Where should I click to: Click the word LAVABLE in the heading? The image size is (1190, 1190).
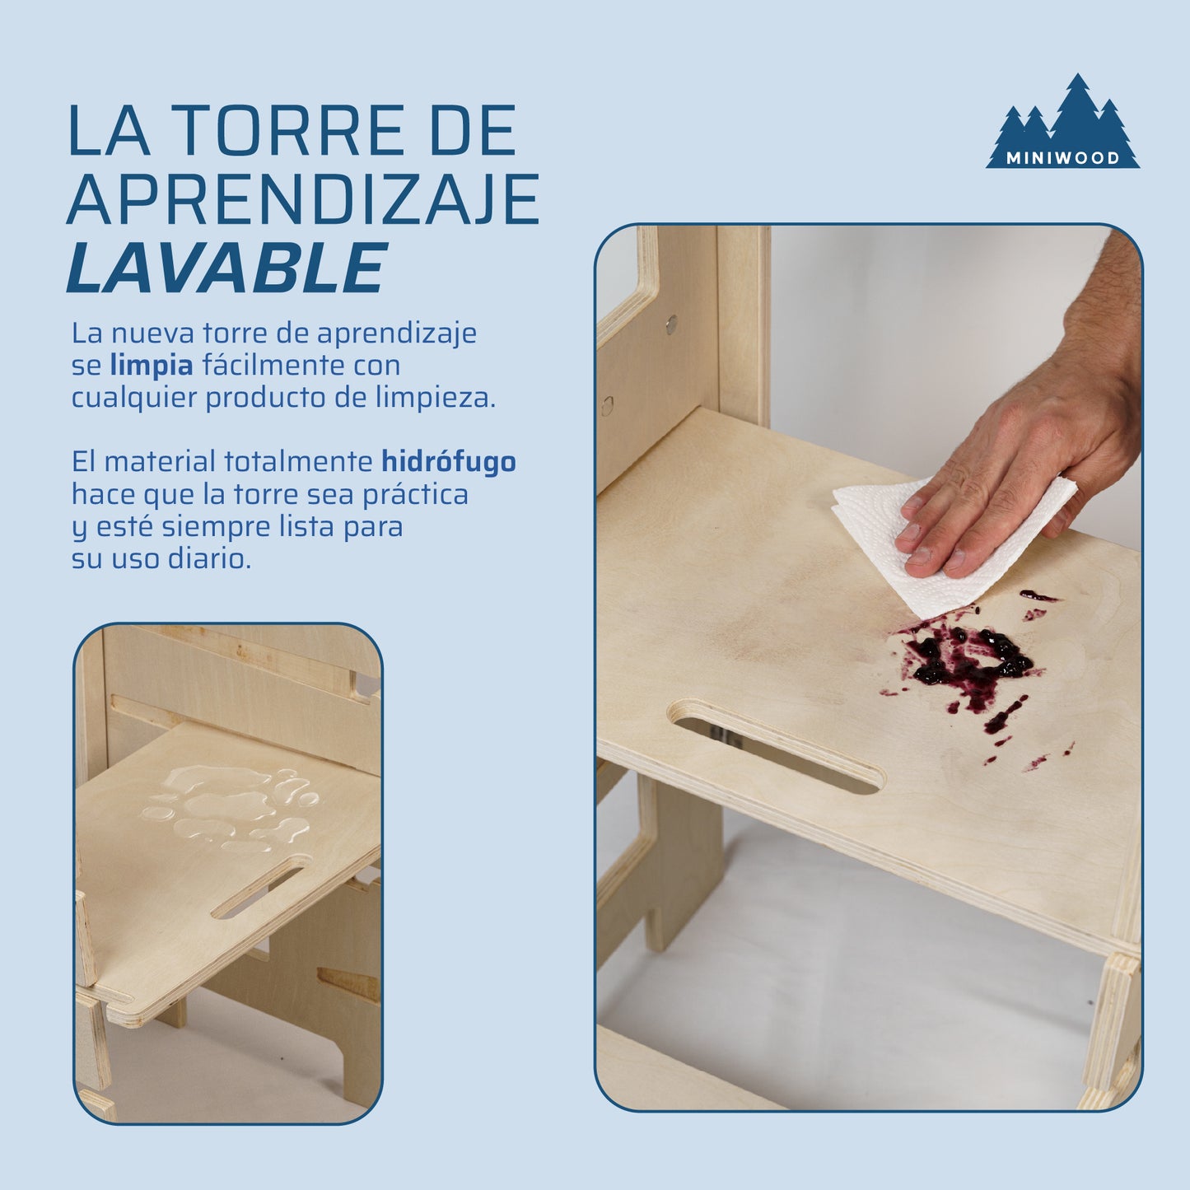tap(226, 267)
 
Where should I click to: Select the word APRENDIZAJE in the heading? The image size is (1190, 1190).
tap(303, 198)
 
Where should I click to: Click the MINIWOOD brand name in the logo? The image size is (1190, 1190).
tap(1063, 158)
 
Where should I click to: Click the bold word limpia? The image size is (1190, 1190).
tap(152, 366)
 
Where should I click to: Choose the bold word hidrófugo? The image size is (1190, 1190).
tap(448, 461)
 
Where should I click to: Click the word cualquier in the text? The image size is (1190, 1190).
tap(133, 399)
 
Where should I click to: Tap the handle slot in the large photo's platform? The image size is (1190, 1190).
tap(777, 746)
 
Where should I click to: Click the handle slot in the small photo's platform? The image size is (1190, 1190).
tap(258, 892)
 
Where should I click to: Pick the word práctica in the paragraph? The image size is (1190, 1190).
tap(416, 494)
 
